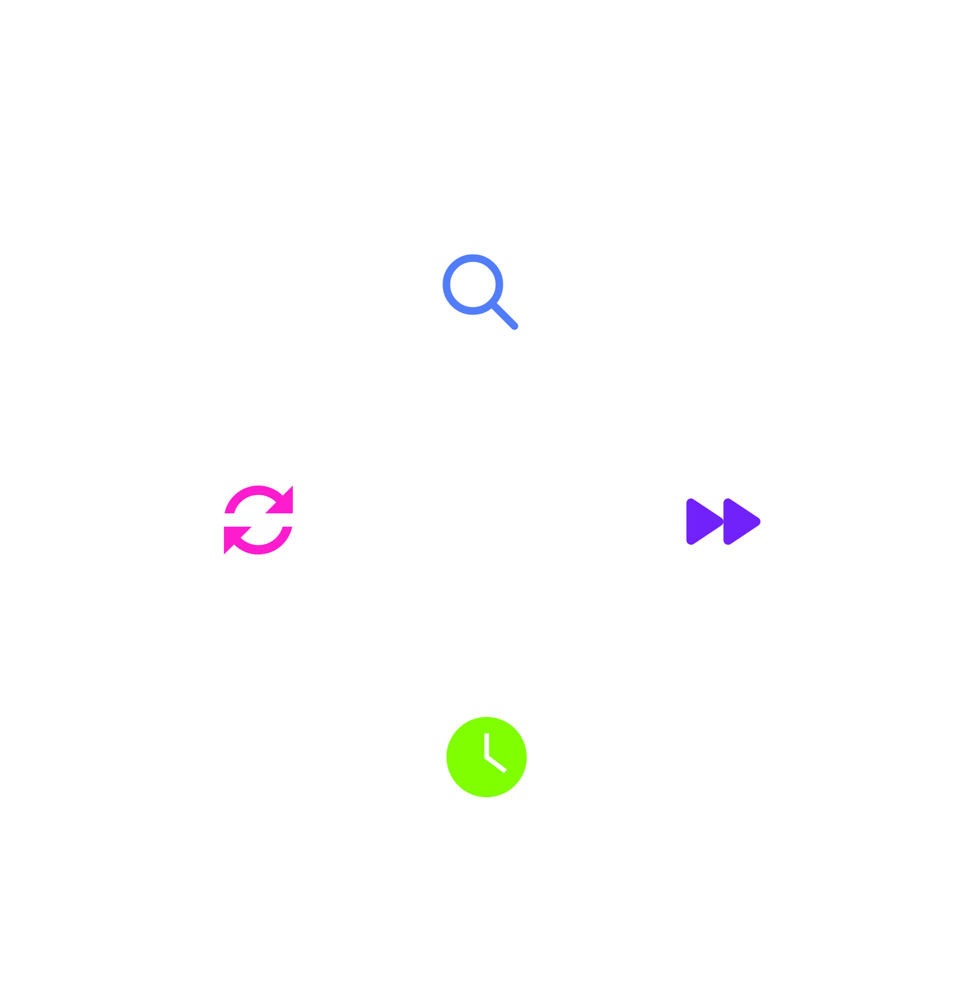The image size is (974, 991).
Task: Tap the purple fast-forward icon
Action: (722, 521)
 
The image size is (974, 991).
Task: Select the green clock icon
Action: (486, 756)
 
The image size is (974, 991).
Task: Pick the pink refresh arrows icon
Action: (258, 520)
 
